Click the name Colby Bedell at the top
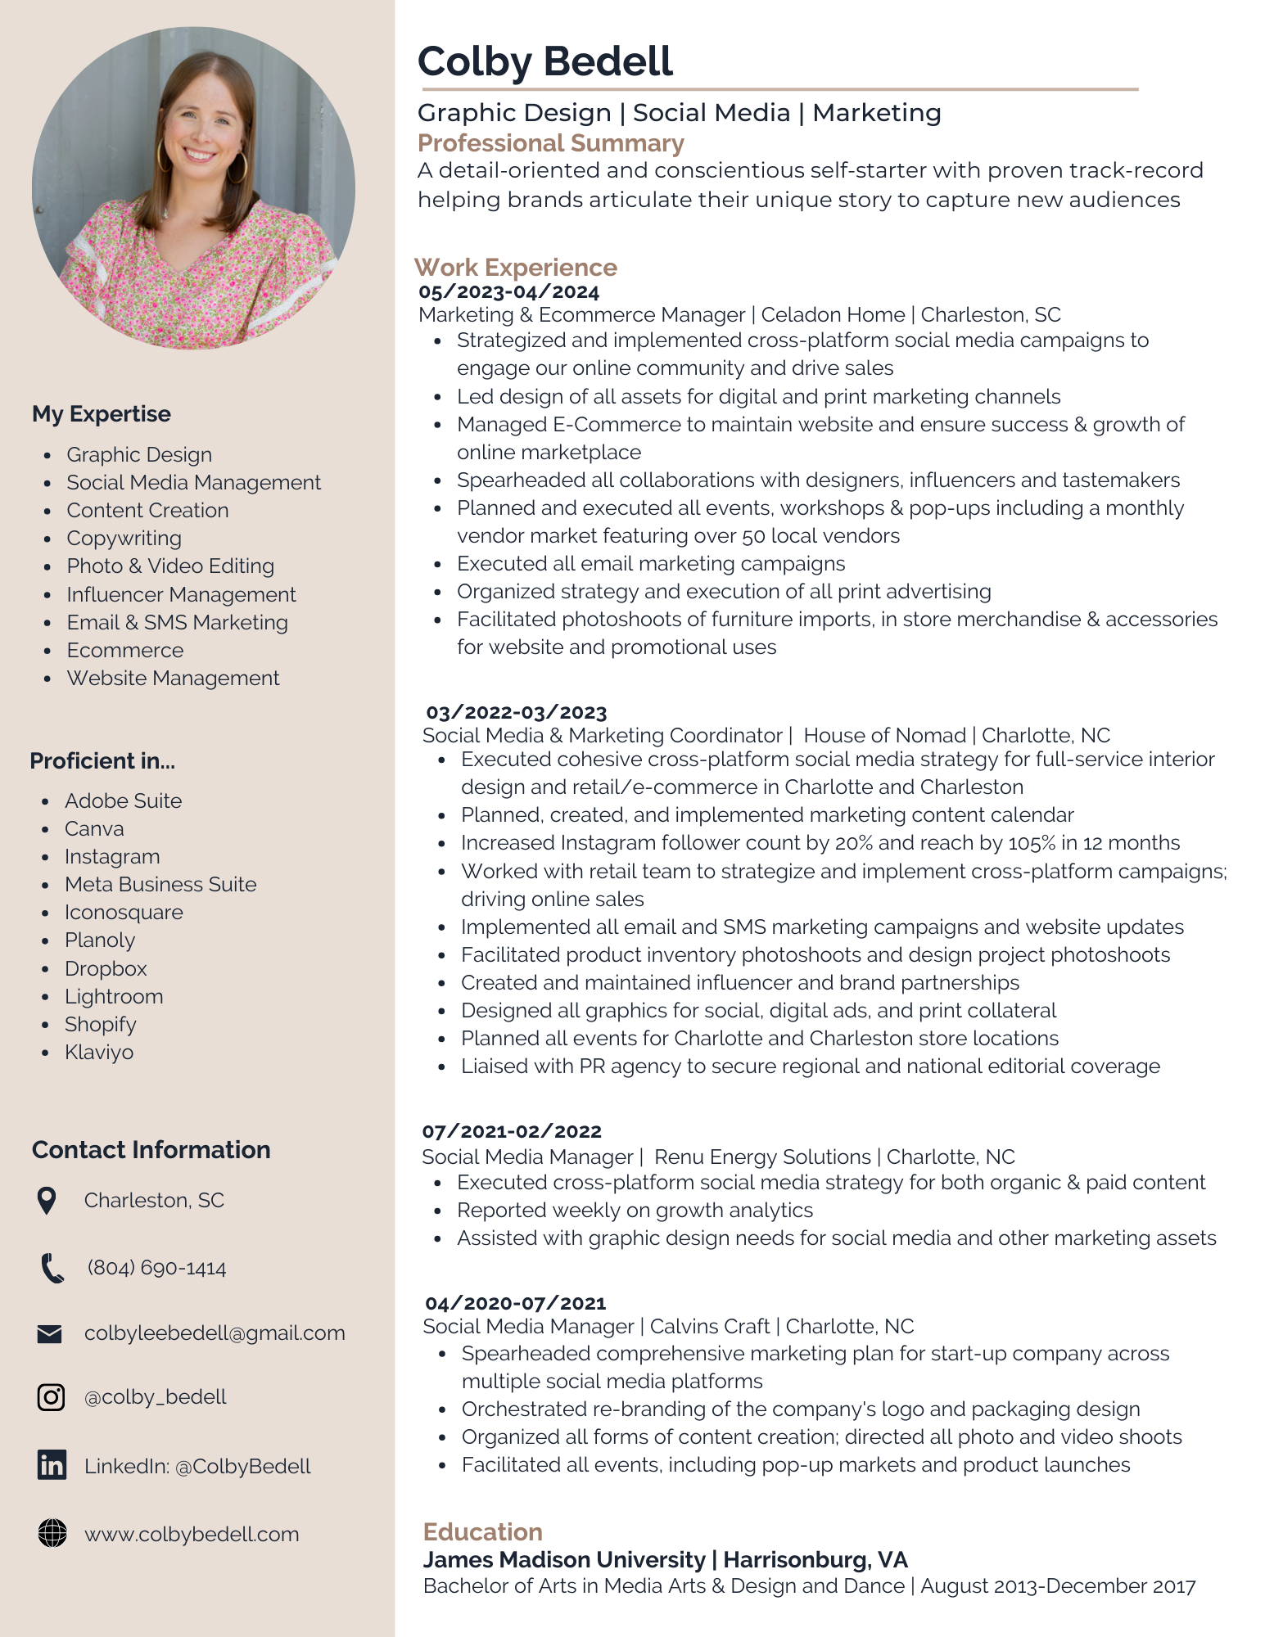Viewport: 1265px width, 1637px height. (545, 61)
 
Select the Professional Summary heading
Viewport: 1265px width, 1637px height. (550, 143)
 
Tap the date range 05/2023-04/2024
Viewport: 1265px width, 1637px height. (508, 292)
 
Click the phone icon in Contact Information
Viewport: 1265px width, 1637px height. (52, 1268)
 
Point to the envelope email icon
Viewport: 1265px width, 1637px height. (50, 1334)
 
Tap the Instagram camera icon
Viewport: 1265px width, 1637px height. (51, 1397)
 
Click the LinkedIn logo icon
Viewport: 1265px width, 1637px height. (52, 1465)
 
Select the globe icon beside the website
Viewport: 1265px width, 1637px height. (52, 1533)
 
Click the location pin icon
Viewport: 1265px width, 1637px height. (47, 1201)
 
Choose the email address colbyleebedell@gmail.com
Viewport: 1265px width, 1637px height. (215, 1333)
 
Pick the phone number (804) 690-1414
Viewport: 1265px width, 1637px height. (156, 1268)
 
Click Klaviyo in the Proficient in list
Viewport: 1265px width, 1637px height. (99, 1053)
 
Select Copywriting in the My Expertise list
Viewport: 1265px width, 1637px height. (124, 539)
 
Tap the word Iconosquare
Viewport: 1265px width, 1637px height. (124, 913)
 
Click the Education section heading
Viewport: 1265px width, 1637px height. (482, 1531)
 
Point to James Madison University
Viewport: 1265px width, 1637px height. (564, 1560)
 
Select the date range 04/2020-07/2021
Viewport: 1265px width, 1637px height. (516, 1303)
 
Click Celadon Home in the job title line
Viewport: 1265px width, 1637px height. (833, 315)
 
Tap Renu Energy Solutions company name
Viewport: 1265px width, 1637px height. (762, 1157)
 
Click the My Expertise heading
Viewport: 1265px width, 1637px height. (102, 414)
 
